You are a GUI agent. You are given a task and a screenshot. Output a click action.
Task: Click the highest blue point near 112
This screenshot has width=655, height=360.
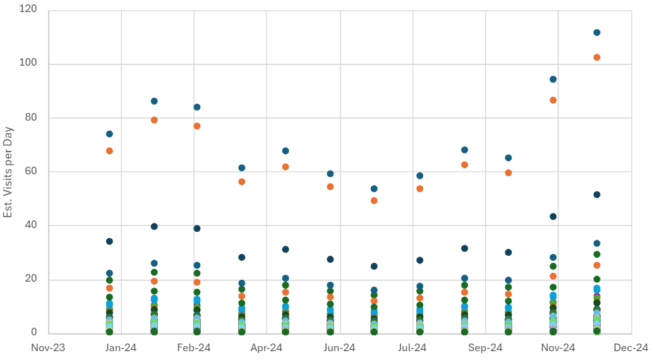click(x=597, y=33)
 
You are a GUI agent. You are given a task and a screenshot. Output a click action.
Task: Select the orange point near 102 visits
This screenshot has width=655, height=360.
click(x=597, y=57)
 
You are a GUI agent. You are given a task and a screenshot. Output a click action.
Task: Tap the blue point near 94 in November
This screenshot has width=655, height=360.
click(x=553, y=80)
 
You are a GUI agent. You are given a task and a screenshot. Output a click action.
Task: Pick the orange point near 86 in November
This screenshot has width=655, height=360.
click(x=553, y=100)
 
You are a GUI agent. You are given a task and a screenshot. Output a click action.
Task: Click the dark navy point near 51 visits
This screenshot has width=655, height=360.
click(x=597, y=195)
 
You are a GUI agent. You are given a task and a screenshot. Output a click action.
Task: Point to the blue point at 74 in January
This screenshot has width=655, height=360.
click(x=109, y=134)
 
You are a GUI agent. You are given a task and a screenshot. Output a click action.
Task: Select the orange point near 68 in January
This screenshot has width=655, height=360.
click(x=109, y=151)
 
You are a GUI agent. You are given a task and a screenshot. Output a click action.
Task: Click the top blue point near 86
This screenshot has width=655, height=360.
click(x=154, y=101)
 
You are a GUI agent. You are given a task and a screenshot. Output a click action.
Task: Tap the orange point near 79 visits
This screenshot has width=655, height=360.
click(x=154, y=120)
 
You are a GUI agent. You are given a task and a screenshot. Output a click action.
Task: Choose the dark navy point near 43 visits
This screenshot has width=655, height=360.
click(x=553, y=217)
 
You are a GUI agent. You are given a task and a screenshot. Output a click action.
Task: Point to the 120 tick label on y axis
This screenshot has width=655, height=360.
click(x=28, y=10)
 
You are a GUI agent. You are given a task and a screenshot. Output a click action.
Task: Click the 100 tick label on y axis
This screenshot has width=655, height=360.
click(x=28, y=64)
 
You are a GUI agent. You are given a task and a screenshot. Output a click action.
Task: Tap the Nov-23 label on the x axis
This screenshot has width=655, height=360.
click(x=48, y=347)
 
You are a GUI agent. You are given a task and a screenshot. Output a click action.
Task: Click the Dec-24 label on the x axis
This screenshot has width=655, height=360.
click(x=631, y=347)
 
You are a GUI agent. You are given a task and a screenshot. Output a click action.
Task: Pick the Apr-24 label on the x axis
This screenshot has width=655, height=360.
click(x=267, y=347)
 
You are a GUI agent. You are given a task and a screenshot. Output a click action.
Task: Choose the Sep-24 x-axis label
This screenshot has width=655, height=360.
click(x=485, y=347)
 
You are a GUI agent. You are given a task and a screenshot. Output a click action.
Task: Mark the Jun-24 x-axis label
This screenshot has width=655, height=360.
click(x=339, y=347)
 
